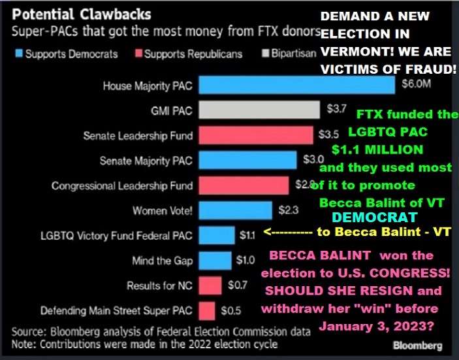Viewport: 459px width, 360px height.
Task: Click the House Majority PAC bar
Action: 296,86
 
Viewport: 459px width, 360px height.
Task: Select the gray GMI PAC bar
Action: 259,110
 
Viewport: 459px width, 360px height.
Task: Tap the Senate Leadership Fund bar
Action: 256,135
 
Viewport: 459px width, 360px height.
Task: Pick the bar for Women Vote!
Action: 235,210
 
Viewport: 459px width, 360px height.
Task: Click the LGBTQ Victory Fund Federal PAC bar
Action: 216,235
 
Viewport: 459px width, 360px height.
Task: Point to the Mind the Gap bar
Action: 215,260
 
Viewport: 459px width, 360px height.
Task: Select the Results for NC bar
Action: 210,285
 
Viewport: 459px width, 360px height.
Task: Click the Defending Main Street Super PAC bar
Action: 207,310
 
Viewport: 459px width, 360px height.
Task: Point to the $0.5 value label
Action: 229,310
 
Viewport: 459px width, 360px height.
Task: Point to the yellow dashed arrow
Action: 287,232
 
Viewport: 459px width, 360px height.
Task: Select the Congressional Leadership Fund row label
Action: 123,186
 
